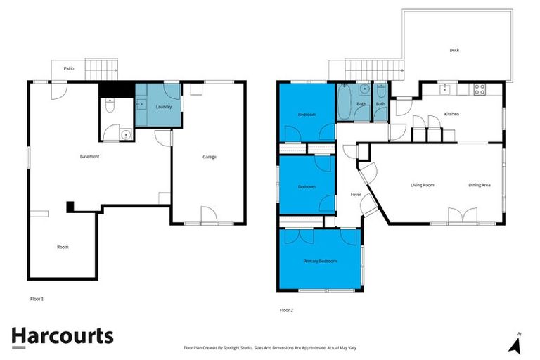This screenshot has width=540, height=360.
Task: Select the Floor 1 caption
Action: [37, 299]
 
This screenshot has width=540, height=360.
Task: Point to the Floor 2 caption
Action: [286, 309]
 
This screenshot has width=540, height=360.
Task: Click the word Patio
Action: [69, 68]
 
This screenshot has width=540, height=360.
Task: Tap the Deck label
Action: [454, 50]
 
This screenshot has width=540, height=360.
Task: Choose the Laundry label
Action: [163, 106]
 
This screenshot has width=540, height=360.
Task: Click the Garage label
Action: [209, 157]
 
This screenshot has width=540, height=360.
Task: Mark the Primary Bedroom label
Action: [320, 261]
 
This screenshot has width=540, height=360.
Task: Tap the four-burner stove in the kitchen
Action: [479, 89]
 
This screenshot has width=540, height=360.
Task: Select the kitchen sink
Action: [444, 89]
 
